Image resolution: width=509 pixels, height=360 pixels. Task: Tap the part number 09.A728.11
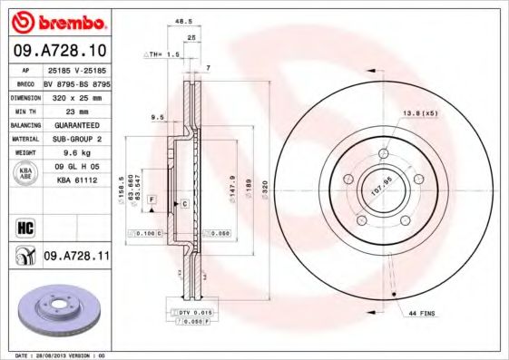[76, 258]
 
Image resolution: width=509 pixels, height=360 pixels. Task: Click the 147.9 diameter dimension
[233, 186]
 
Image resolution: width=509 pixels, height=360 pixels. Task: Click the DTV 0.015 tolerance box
[191, 311]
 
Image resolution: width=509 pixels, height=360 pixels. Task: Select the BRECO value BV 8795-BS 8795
[76, 82]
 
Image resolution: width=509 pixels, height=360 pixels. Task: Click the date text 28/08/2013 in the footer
[57, 355]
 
